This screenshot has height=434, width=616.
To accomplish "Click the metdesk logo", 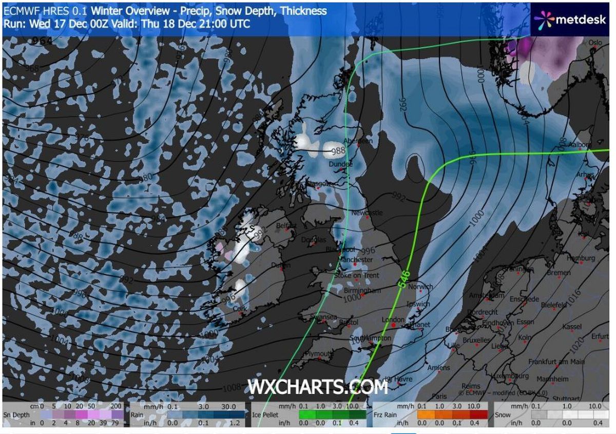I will click(571, 20).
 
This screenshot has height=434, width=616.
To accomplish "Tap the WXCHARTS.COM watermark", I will click(318, 387).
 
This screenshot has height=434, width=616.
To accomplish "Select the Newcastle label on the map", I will click(367, 213).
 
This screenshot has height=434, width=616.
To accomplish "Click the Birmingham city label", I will click(362, 291).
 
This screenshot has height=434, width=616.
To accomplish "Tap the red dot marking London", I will click(393, 325).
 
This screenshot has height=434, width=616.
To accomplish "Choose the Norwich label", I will click(421, 287).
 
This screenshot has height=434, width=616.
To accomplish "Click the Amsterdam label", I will click(486, 296).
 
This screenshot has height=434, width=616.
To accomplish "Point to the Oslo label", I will click(595, 43).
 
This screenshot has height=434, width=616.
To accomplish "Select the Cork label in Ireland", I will click(240, 309).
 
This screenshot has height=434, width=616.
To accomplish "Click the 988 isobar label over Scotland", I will click(338, 151).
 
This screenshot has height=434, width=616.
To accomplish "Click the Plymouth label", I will click(318, 354).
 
